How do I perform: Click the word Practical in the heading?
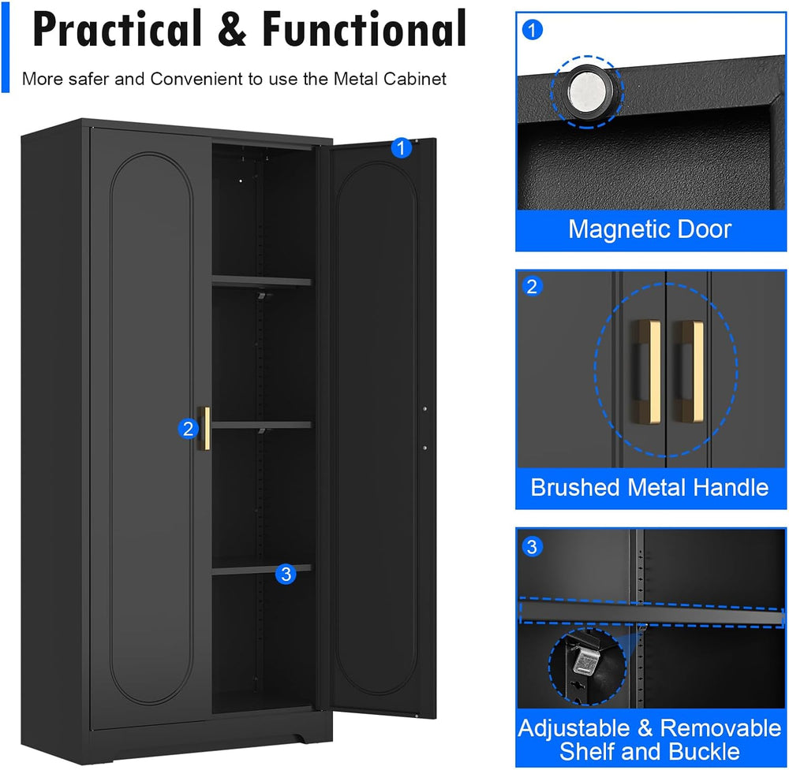click(x=117, y=29)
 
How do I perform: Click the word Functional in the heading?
click(x=365, y=29)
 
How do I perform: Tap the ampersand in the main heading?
click(x=232, y=30)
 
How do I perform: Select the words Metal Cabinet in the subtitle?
click(x=390, y=79)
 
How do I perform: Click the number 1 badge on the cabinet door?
click(x=401, y=147)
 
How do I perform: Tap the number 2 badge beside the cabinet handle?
click(x=189, y=429)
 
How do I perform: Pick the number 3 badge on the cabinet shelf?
click(x=286, y=574)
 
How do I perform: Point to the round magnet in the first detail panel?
click(x=587, y=92)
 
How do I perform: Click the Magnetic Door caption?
click(x=649, y=229)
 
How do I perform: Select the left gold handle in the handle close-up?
click(x=647, y=370)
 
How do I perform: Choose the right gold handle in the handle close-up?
click(x=689, y=370)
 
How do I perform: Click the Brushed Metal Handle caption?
click(x=649, y=488)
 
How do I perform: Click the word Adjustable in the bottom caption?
click(x=574, y=727)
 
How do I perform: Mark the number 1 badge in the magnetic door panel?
click(x=533, y=30)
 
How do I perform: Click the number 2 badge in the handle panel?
click(x=532, y=287)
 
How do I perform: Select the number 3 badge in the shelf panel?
click(x=532, y=546)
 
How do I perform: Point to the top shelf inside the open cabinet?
click(x=262, y=281)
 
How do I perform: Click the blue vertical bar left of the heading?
click(x=6, y=46)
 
